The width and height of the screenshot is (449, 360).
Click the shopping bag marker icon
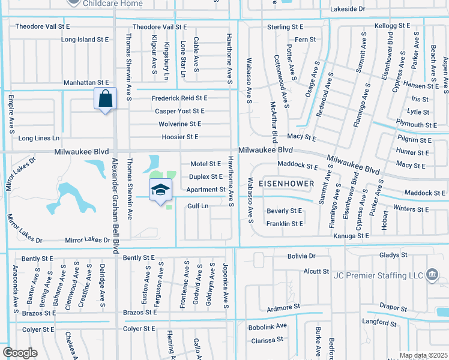pyautogui.click(x=105, y=98)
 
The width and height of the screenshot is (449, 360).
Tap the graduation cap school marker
pyautogui.click(x=160, y=190)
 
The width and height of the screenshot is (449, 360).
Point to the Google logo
pyautogui.click(x=20, y=352)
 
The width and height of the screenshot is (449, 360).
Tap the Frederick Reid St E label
pyautogui.click(x=179, y=98)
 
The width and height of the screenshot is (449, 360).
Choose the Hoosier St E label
pyautogui.click(x=179, y=137)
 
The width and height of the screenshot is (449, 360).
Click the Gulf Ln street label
pyautogui.click(x=197, y=206)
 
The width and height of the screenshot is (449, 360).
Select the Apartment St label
pyautogui.click(x=205, y=190)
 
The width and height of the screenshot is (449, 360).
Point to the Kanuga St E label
pyautogui.click(x=351, y=236)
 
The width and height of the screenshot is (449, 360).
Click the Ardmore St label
pyautogui.click(x=283, y=307)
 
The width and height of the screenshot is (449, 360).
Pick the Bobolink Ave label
pyautogui.click(x=268, y=326)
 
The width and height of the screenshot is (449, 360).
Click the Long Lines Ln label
pyautogui.click(x=39, y=138)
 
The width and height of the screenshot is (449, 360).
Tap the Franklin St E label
pyautogui.click(x=285, y=223)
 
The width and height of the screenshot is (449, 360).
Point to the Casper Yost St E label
pyautogui.click(x=179, y=111)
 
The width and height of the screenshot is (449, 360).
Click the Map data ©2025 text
pyautogui.click(x=423, y=355)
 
